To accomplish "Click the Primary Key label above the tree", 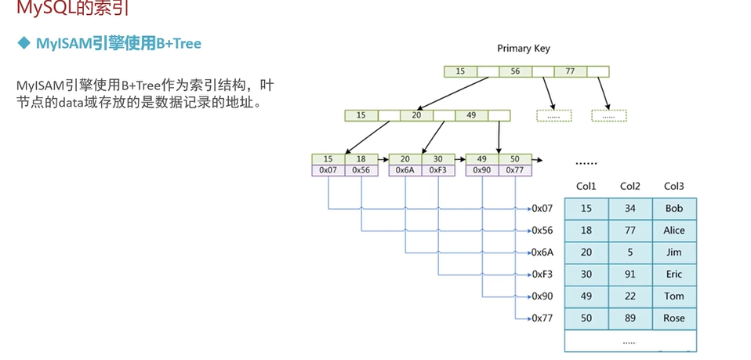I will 524,49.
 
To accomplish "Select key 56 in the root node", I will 515,71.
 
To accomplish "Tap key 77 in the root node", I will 570,71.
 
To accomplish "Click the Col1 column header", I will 586,187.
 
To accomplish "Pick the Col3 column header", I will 674,187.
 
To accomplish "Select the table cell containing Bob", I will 674,209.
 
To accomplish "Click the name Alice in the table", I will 674,231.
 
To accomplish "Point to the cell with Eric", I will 674,275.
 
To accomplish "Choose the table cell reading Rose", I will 674,318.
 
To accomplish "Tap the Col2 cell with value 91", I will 630,275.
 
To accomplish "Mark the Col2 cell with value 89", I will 630,318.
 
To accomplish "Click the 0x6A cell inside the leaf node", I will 405,169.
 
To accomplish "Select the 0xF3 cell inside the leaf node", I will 437,169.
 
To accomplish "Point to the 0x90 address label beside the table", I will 542,296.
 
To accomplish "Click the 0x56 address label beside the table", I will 542,231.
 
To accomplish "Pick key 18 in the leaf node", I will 361,158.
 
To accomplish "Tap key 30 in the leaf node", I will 437,158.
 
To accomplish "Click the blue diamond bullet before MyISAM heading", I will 24,44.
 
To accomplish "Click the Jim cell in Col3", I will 674,253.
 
